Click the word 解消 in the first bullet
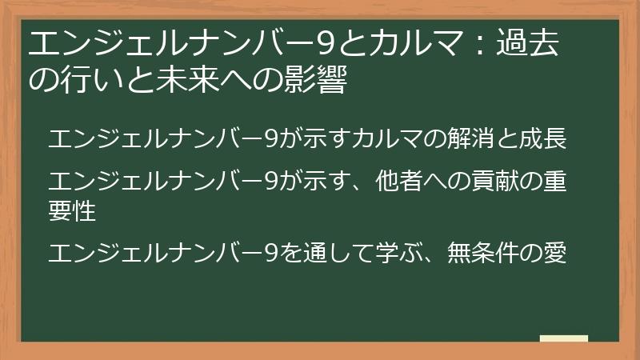tap(462, 138)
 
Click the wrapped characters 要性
tap(72, 211)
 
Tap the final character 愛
tap(555, 254)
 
